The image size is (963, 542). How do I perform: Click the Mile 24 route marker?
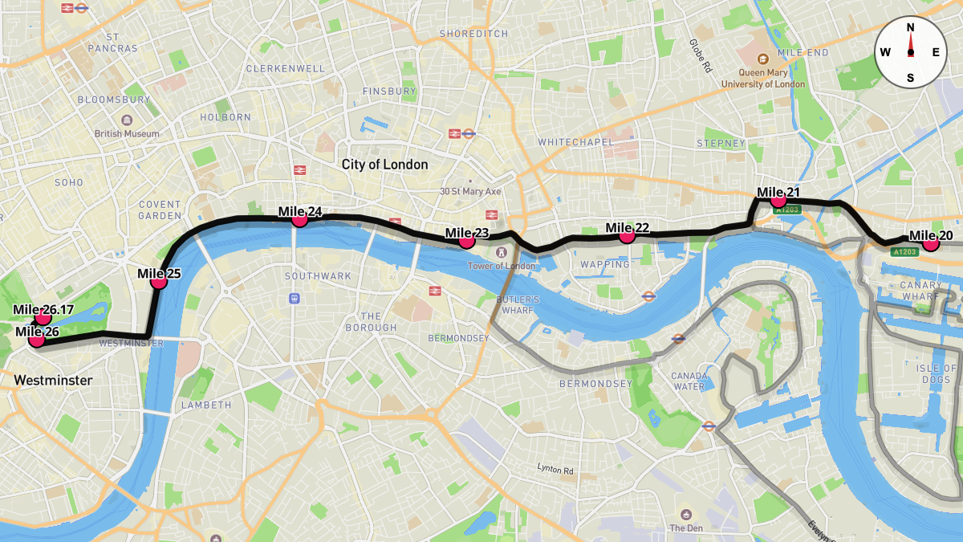pyautogui.click(x=299, y=218)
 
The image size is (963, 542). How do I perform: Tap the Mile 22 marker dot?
pyautogui.click(x=627, y=234)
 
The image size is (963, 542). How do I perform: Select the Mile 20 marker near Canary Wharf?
pyautogui.click(x=930, y=242)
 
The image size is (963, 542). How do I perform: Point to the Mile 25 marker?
pyautogui.click(x=158, y=280)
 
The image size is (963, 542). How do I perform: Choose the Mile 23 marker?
pyautogui.click(x=466, y=240)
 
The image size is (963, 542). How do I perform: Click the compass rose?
pyautogui.click(x=910, y=52)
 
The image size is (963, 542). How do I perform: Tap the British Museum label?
pyautogui.click(x=127, y=134)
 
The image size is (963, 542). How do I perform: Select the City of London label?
pyautogui.click(x=384, y=165)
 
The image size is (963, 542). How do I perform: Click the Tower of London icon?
pyautogui.click(x=502, y=254)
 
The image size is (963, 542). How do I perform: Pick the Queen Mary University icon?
pyautogui.click(x=762, y=59)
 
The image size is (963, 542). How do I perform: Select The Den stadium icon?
pyautogui.click(x=686, y=514)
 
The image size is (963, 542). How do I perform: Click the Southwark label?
pyautogui.click(x=318, y=276)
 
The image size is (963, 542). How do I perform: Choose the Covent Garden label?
pyautogui.click(x=160, y=210)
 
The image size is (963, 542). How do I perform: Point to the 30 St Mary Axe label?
pyautogui.click(x=470, y=192)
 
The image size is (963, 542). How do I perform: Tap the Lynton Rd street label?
pyautogui.click(x=555, y=468)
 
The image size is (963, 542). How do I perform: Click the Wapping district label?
pyautogui.click(x=605, y=264)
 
